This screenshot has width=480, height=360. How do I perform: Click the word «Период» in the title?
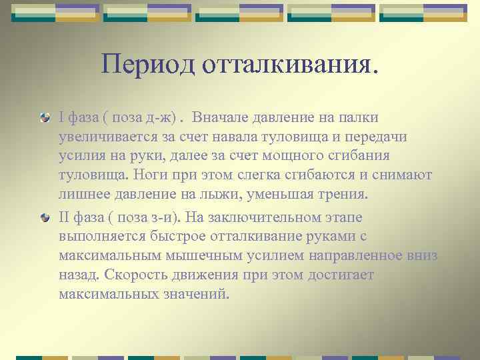coord(139,64)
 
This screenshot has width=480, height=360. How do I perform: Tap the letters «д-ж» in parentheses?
coord(159,118)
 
